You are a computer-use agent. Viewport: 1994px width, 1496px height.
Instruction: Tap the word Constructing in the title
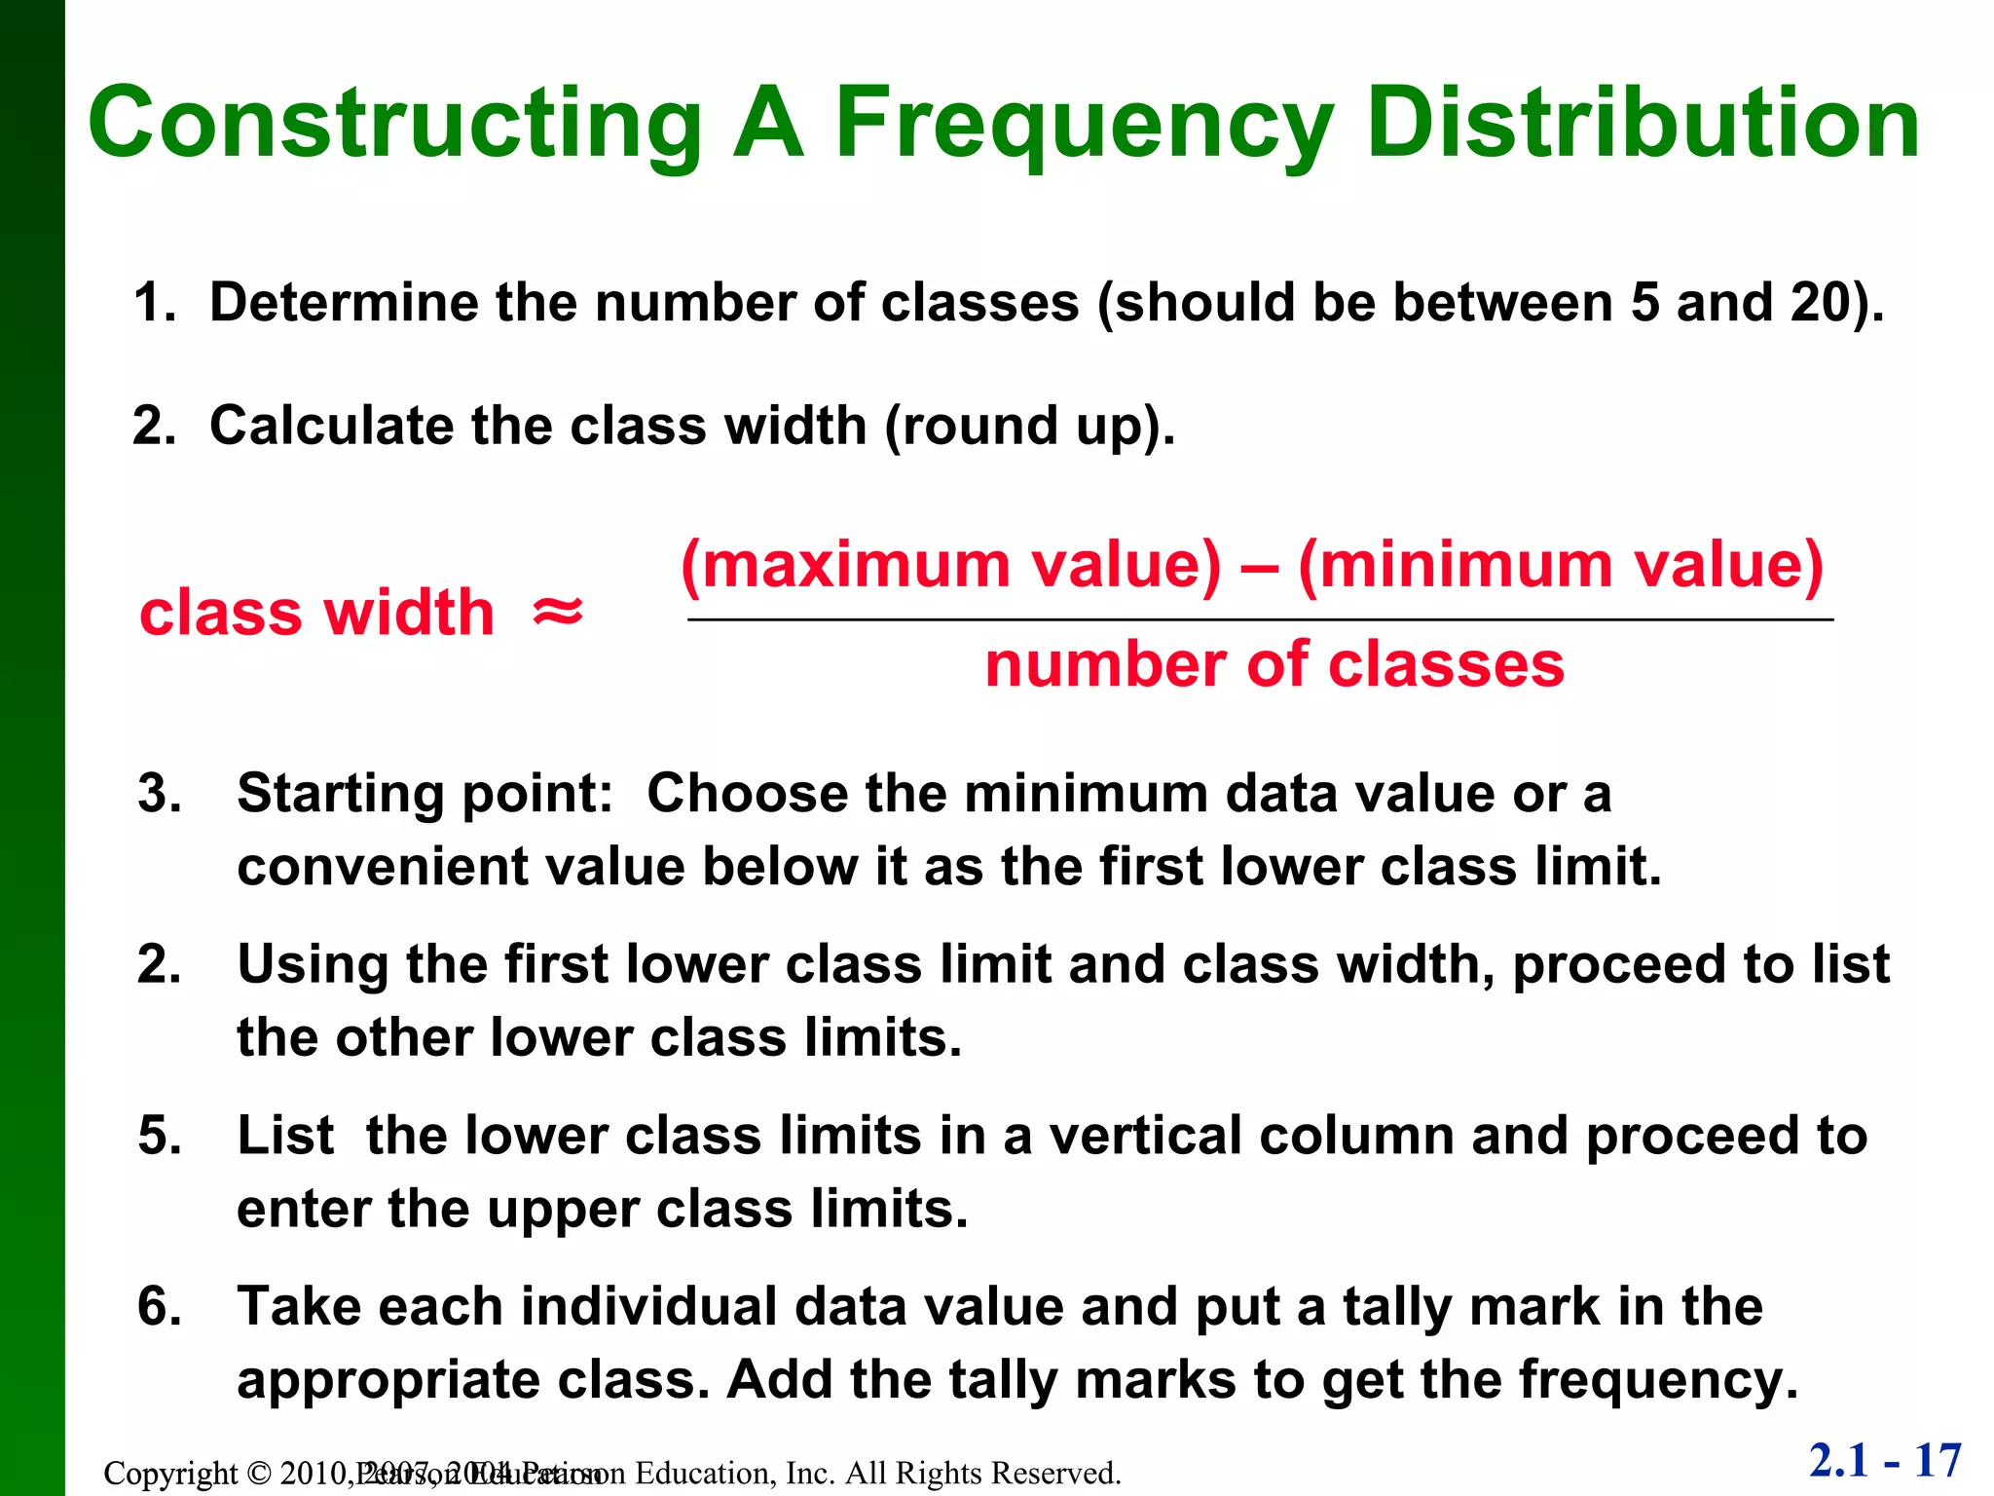pos(395,124)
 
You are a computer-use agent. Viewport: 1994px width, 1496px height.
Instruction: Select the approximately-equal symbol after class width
pos(558,613)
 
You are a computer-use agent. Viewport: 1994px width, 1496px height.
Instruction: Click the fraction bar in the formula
pos(1260,619)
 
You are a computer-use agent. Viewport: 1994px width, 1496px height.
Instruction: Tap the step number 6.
pos(160,1306)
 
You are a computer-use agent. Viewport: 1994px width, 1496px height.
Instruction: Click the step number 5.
pos(160,1136)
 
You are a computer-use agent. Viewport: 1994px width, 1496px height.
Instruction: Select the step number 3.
pos(160,793)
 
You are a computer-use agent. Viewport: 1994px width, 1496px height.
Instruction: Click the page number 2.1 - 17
pos(1885,1461)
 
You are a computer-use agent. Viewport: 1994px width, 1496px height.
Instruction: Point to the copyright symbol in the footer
pos(258,1474)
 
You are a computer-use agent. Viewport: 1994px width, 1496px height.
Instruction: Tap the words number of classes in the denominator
pos(1274,665)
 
